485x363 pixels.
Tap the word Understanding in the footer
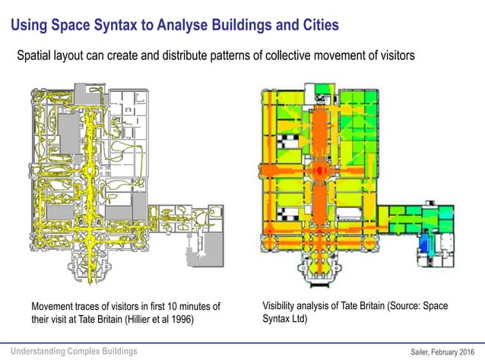pyautogui.click(x=40, y=351)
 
